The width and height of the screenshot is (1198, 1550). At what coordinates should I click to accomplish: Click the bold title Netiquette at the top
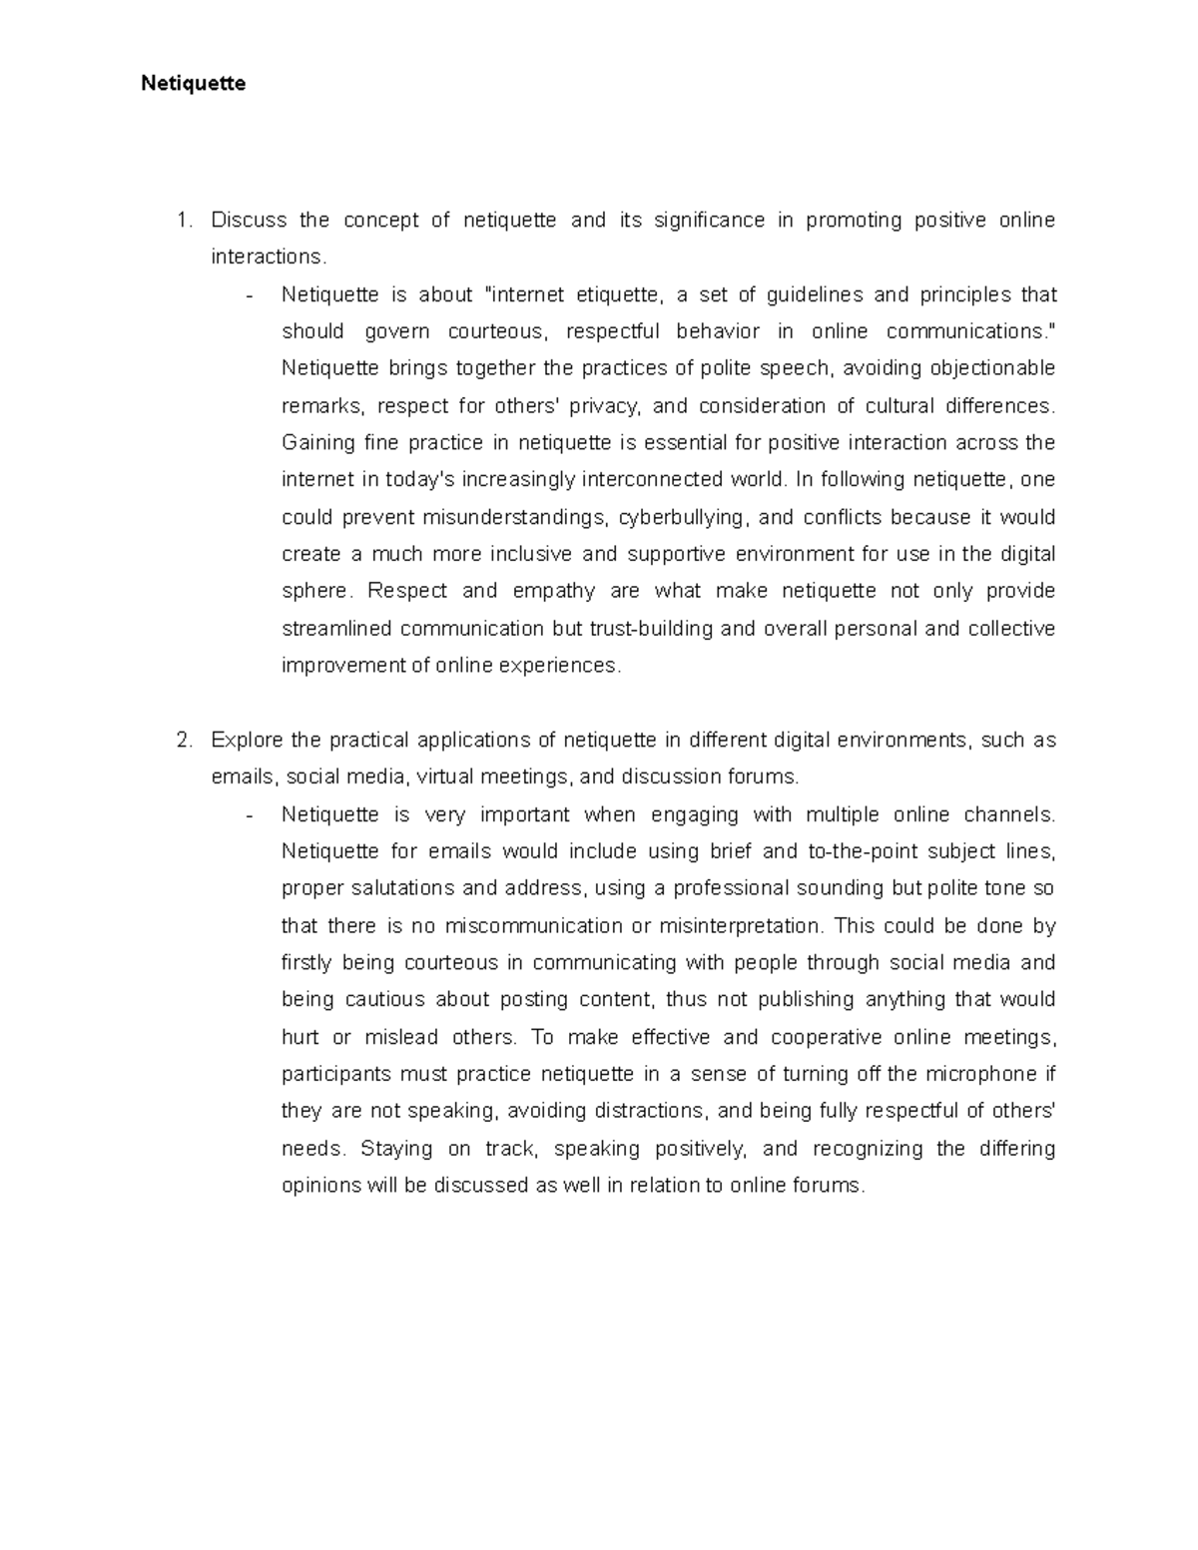193,84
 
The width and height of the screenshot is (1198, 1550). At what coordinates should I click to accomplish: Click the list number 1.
182,221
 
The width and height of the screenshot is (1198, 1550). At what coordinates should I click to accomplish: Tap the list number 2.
182,741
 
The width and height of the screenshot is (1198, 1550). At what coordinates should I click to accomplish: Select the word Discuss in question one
249,221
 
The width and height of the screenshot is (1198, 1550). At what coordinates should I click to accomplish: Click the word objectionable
992,369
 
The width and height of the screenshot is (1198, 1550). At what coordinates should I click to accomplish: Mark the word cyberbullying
681,518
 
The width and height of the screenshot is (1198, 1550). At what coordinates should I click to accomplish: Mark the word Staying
396,1149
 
